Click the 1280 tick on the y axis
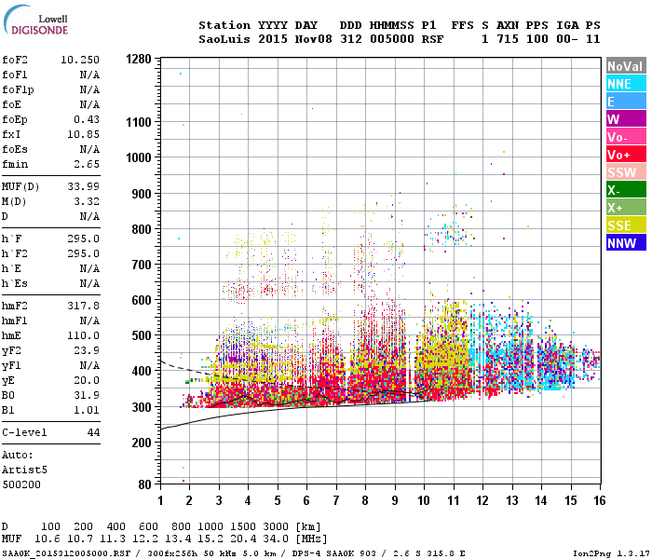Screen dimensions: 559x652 [138, 59]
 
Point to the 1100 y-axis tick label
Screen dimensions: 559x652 [138, 122]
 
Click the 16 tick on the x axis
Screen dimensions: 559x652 [599, 500]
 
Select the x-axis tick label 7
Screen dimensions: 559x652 [336, 500]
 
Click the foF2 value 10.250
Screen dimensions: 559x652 [79, 59]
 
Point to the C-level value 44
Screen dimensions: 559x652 [92, 433]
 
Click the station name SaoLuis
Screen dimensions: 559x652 [222, 40]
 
